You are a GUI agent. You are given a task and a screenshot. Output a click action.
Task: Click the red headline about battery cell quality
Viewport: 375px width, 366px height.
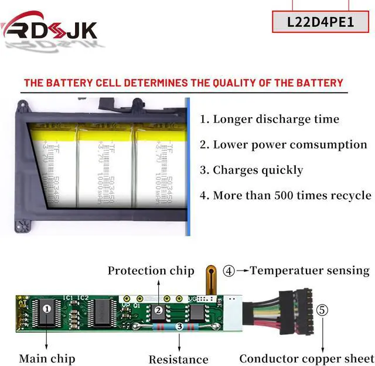(x=183, y=83)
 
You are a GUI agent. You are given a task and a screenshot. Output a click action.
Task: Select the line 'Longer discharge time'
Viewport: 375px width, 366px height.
(x=270, y=119)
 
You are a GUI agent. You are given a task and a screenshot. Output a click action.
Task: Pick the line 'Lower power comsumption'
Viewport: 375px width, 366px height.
(x=284, y=145)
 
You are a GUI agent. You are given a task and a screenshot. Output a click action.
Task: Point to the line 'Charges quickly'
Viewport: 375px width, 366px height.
(x=251, y=170)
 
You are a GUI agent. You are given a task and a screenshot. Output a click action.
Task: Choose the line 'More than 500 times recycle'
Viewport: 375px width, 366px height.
(x=285, y=196)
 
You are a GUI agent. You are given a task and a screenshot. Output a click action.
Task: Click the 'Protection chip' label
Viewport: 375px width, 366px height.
(x=151, y=271)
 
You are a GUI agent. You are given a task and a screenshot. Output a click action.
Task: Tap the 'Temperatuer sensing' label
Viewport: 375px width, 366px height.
(x=309, y=271)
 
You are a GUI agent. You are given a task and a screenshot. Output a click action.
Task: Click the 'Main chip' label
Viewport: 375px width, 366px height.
(x=47, y=358)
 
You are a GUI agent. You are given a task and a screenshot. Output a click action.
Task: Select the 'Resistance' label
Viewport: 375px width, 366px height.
(x=178, y=359)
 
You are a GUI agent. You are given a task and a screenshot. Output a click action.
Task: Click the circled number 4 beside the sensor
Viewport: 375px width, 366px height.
(x=229, y=271)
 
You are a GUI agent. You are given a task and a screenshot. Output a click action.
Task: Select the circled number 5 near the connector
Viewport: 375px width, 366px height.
(x=323, y=310)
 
